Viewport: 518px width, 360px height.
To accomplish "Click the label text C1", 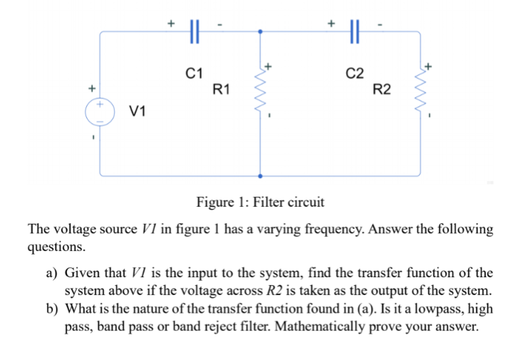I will [194, 73].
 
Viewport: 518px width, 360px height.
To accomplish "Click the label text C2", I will [354, 73].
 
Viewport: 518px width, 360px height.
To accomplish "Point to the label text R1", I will [221, 89].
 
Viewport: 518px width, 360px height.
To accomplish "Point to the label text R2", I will [382, 89].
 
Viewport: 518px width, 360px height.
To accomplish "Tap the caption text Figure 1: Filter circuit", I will [260, 202].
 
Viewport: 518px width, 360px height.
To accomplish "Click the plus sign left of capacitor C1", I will [171, 22].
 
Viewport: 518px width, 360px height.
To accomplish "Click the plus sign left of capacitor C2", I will [331, 22].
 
